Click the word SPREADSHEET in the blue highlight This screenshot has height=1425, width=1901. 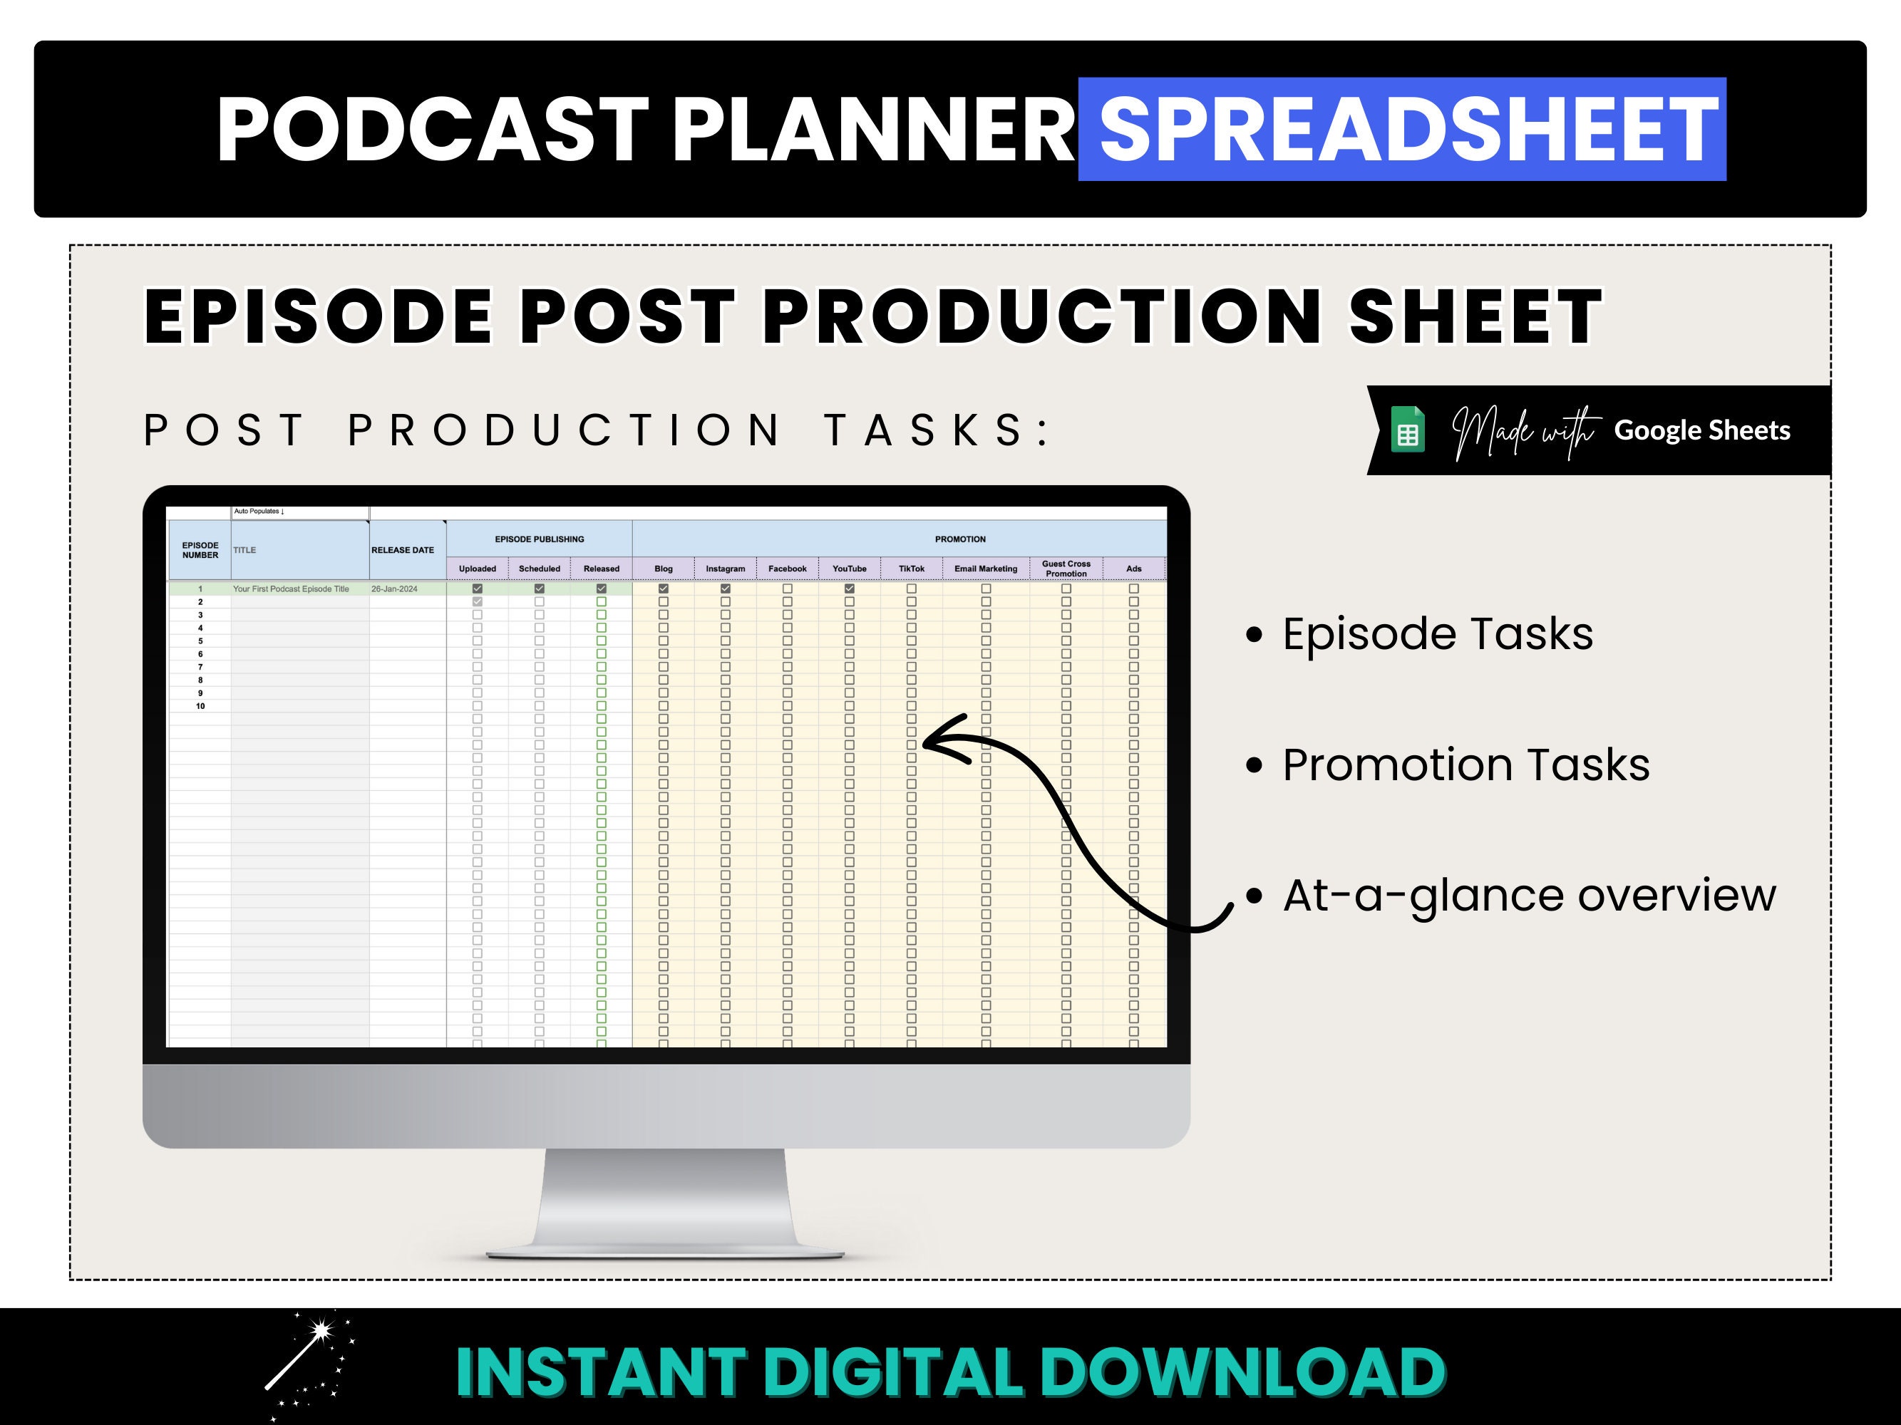click(1409, 129)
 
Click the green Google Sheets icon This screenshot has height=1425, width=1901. click(1408, 430)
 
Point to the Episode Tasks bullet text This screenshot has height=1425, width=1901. click(1437, 634)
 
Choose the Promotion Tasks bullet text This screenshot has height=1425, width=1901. click(1465, 765)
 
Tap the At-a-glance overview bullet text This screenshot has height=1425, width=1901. click(1528, 895)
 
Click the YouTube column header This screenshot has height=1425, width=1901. click(849, 569)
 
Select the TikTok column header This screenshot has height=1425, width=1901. click(911, 569)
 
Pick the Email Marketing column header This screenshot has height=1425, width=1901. click(985, 569)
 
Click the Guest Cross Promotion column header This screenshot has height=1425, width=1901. click(1066, 569)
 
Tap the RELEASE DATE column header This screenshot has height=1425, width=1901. click(403, 550)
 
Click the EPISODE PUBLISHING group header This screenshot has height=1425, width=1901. click(539, 539)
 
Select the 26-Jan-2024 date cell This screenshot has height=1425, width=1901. click(394, 589)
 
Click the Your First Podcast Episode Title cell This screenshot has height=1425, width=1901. click(291, 589)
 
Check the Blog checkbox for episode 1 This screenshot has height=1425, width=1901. click(664, 589)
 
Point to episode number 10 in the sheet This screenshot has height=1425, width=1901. click(200, 706)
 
